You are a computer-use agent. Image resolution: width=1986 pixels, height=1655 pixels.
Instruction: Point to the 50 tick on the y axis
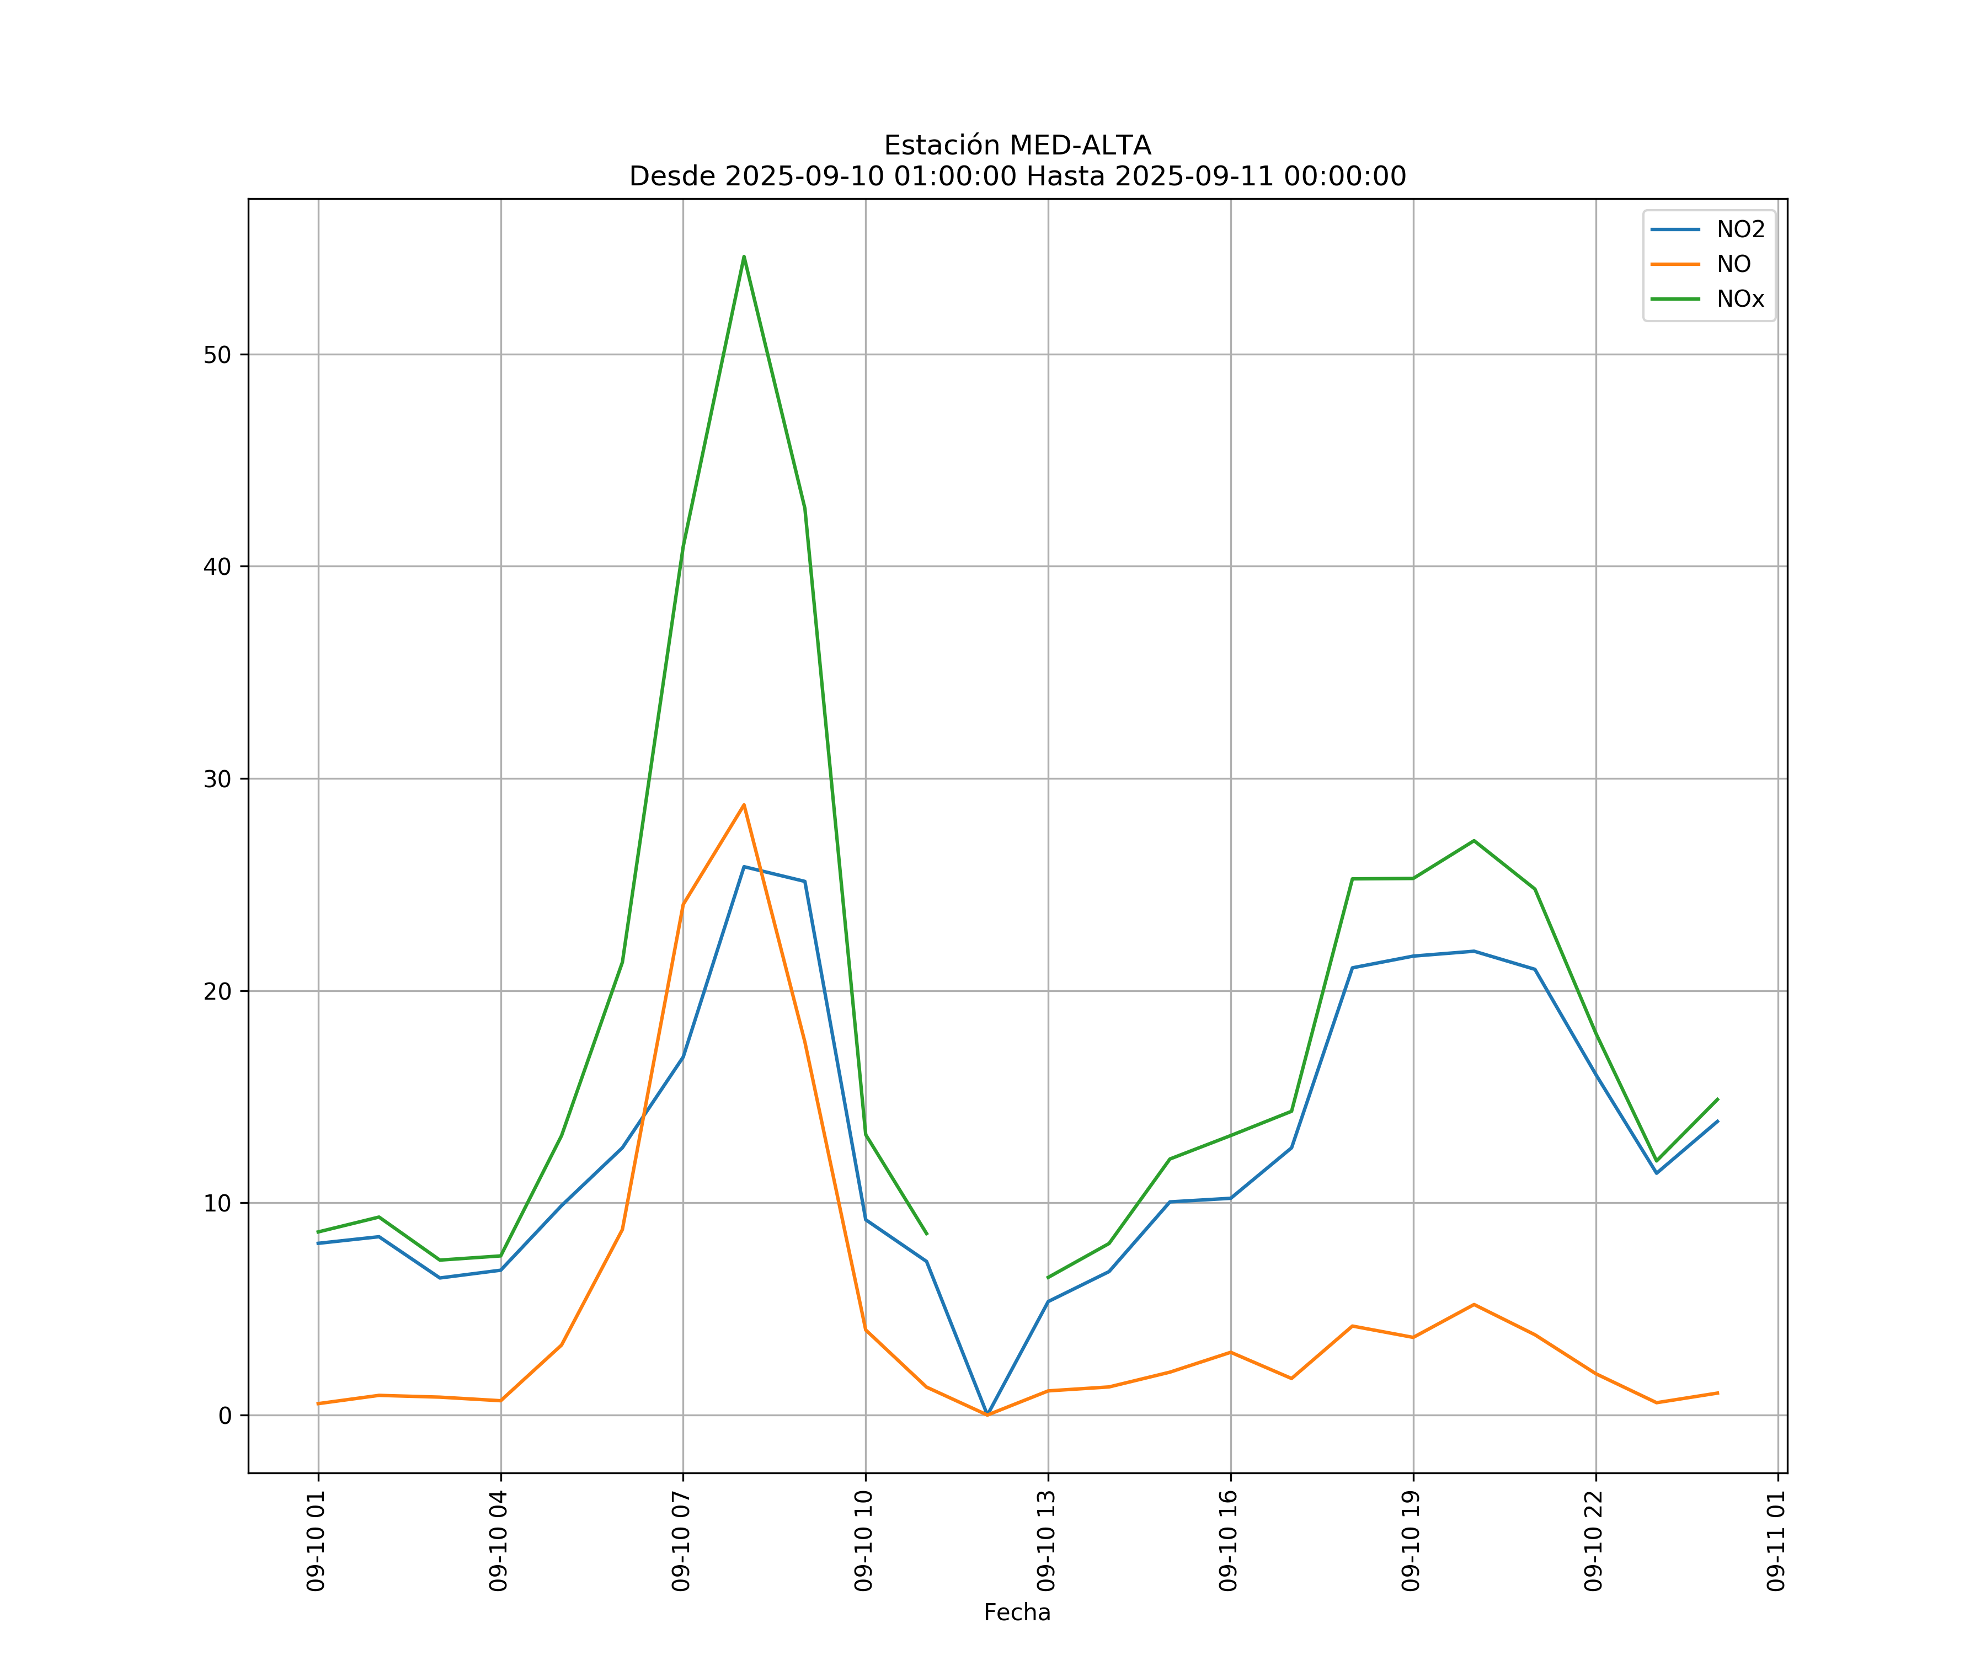coord(217,355)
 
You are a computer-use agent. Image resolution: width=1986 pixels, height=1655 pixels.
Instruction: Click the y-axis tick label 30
coord(217,780)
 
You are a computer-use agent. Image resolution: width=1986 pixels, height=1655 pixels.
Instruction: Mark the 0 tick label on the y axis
coord(225,1416)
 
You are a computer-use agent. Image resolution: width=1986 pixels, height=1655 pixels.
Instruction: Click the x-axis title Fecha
coord(1017,1613)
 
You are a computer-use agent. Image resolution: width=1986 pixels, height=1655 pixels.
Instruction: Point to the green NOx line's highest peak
coord(744,257)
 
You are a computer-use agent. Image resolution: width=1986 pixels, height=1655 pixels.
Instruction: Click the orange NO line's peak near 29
coord(744,805)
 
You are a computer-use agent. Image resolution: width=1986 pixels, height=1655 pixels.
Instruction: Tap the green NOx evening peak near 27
coord(1474,841)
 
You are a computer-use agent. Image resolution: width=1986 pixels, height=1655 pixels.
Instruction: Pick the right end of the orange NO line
coord(1717,1393)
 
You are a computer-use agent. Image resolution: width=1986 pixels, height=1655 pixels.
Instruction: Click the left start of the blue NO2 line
coord(319,1243)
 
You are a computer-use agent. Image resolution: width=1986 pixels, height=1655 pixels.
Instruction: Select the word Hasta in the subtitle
coord(1066,177)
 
